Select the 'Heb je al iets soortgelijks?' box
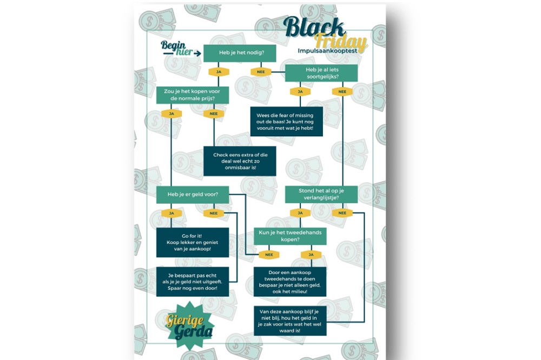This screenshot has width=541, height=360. [321, 73]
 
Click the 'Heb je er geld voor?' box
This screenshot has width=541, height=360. [193, 195]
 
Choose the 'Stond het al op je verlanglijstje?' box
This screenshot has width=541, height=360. [321, 194]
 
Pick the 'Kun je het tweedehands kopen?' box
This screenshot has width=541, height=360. [290, 236]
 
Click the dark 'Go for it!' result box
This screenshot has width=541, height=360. [193, 243]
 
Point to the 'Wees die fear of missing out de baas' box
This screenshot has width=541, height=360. [286, 121]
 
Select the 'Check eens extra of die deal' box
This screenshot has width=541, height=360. [240, 161]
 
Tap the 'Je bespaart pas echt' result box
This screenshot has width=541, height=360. [193, 281]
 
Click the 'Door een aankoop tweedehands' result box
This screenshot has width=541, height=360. [290, 282]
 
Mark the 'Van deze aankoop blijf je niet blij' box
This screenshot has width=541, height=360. [290, 321]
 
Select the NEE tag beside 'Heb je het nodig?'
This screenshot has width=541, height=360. [261, 72]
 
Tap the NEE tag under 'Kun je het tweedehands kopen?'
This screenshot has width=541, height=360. [269, 255]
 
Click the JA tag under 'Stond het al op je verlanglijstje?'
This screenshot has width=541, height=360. [300, 213]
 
